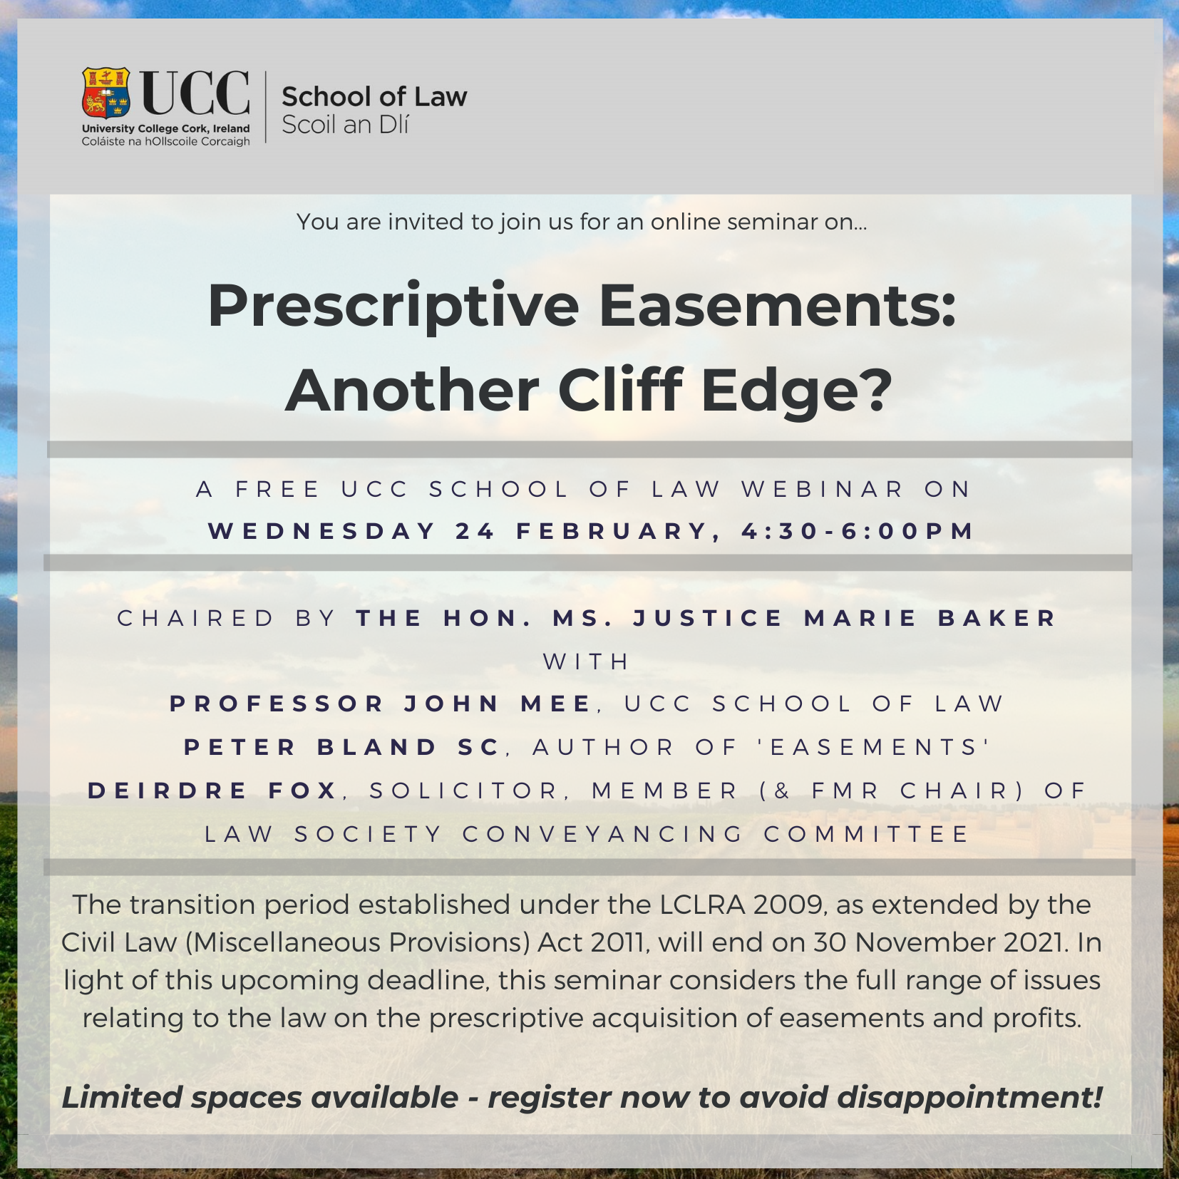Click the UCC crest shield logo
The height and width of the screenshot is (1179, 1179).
(106, 93)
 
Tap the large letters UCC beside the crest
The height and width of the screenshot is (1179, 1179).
(195, 93)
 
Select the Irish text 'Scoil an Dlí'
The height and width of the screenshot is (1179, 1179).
(346, 125)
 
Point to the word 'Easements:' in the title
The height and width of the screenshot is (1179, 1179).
(777, 305)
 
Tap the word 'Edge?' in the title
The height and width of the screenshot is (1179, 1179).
(797, 391)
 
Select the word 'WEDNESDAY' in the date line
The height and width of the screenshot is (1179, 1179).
(322, 531)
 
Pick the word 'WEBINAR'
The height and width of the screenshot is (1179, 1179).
(823, 489)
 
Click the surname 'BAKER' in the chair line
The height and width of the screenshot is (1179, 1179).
(997, 618)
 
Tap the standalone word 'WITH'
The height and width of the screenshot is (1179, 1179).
(586, 661)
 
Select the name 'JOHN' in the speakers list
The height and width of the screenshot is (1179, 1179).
(452, 704)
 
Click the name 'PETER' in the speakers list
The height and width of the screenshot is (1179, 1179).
(240, 747)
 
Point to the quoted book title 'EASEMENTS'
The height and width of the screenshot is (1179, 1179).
(873, 747)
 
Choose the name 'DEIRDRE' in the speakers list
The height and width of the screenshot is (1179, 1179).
(168, 791)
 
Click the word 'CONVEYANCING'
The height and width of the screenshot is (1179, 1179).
(603, 834)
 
